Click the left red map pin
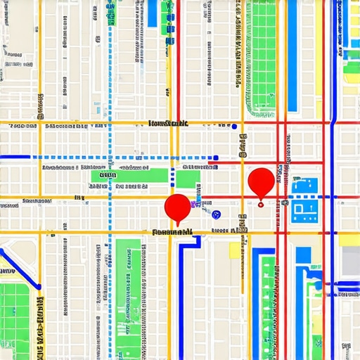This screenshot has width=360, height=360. coord(177,207)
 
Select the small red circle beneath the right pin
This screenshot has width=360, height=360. coord(261,205)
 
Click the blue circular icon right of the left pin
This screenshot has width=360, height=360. coord(216,213)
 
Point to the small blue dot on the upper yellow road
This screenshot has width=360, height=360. coord(233,127)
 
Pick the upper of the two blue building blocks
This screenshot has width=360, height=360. coord(304,186)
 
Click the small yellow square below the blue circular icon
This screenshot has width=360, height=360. coord(234,250)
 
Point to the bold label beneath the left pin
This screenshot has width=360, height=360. coord(172,231)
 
